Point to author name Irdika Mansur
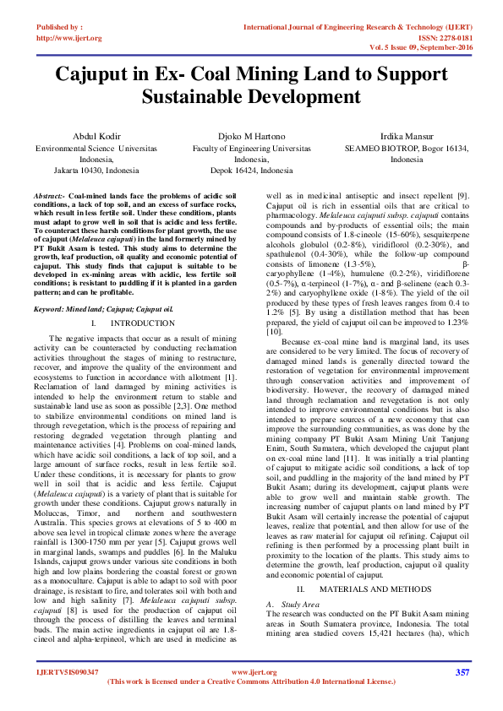point(407,136)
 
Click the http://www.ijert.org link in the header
point(69,38)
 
